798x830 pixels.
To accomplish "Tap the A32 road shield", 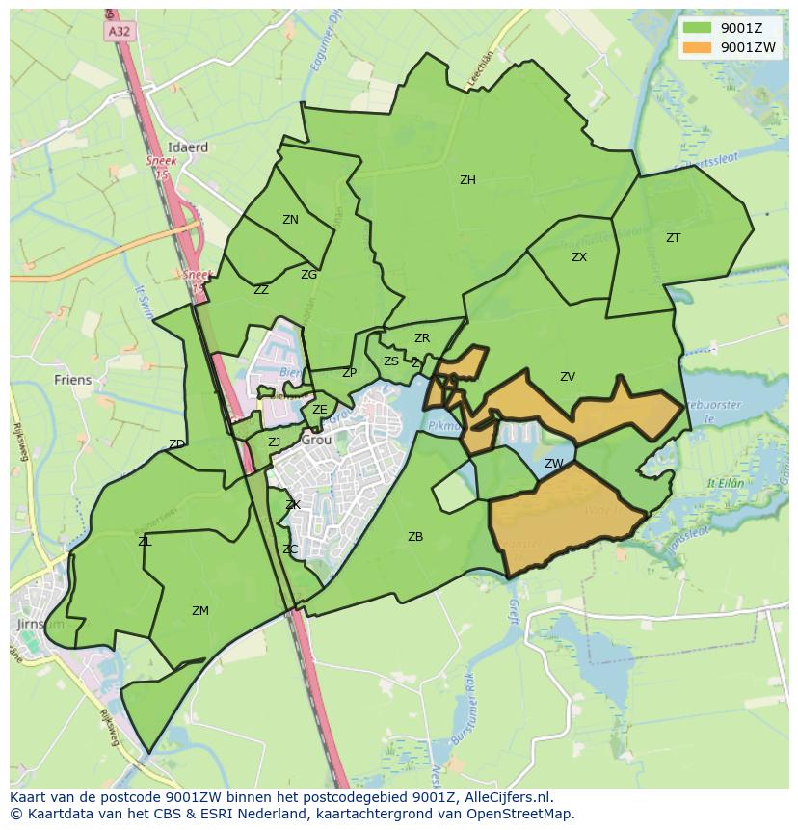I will (x=119, y=31).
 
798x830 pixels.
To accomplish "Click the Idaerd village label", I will (x=187, y=147).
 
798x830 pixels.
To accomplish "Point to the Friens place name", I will (x=72, y=380).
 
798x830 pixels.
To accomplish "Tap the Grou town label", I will (x=316, y=440).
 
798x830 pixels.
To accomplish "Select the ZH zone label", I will (x=467, y=180).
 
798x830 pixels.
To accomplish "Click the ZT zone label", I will (x=673, y=237).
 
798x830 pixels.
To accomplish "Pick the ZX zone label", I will (x=578, y=257).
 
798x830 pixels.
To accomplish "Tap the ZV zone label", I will (x=568, y=377).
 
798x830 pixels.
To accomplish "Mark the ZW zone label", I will (x=553, y=464).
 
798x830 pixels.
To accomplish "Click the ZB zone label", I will (x=414, y=537).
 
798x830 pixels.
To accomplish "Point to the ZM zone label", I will (x=199, y=611).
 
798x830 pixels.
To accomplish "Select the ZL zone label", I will (x=145, y=542).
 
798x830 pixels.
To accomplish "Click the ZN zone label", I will (x=290, y=220).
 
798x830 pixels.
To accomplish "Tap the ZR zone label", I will (x=421, y=338).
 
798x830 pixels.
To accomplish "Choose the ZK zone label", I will (x=293, y=505).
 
